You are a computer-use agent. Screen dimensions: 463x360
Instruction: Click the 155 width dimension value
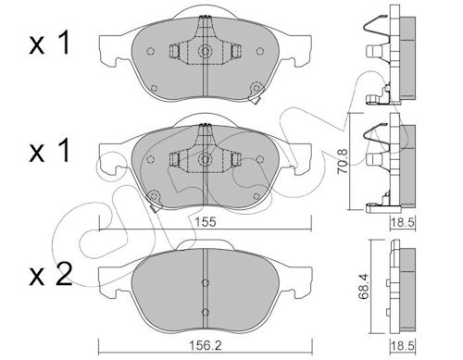tap(206, 222)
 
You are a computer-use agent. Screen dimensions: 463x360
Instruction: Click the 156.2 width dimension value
tap(206, 345)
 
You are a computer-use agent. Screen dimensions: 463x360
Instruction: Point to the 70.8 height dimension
tap(344, 161)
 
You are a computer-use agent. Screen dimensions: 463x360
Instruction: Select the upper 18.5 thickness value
tap(403, 222)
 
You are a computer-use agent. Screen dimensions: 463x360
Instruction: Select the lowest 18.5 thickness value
tap(403, 345)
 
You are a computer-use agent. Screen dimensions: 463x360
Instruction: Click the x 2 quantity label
tap(50, 274)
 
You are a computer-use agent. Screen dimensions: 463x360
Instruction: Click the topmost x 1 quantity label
tap(49, 44)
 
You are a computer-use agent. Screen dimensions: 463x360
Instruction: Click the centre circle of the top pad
tap(204, 51)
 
